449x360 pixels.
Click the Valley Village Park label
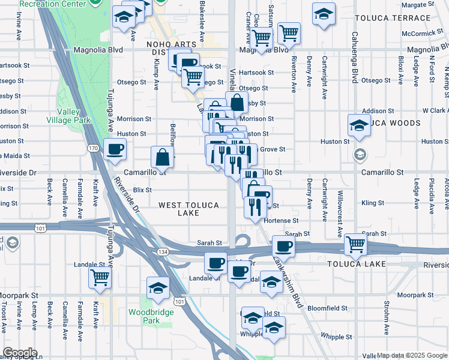73,116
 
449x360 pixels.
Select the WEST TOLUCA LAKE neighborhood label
188,209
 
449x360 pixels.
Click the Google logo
20,353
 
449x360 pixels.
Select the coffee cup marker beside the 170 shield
115,149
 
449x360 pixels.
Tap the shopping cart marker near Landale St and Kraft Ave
100,277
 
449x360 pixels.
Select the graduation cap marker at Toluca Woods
359,126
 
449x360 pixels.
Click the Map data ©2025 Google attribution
412,355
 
